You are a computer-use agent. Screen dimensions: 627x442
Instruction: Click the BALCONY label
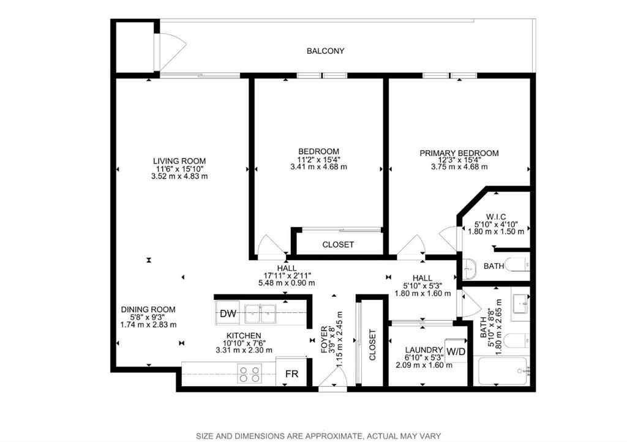pyautogui.click(x=325, y=51)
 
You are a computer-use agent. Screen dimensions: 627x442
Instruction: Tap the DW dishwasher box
pyautogui.click(x=228, y=314)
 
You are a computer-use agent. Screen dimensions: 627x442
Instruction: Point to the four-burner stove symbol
pyautogui.click(x=249, y=374)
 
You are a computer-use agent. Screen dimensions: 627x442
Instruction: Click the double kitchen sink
pyautogui.click(x=261, y=314)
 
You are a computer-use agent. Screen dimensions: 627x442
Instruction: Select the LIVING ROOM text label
pyautogui.click(x=179, y=161)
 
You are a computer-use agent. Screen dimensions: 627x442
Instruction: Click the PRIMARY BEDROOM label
pyautogui.click(x=459, y=153)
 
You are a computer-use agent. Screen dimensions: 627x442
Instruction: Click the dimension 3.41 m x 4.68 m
pyautogui.click(x=318, y=167)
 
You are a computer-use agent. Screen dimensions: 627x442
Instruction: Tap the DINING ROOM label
pyautogui.click(x=148, y=309)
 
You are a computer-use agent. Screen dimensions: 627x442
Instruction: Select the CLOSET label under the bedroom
pyautogui.click(x=338, y=244)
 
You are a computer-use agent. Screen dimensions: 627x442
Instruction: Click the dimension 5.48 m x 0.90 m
pyautogui.click(x=287, y=283)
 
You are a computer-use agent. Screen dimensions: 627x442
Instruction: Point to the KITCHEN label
pyautogui.click(x=244, y=335)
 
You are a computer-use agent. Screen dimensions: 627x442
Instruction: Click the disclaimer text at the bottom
pyautogui.click(x=318, y=436)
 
